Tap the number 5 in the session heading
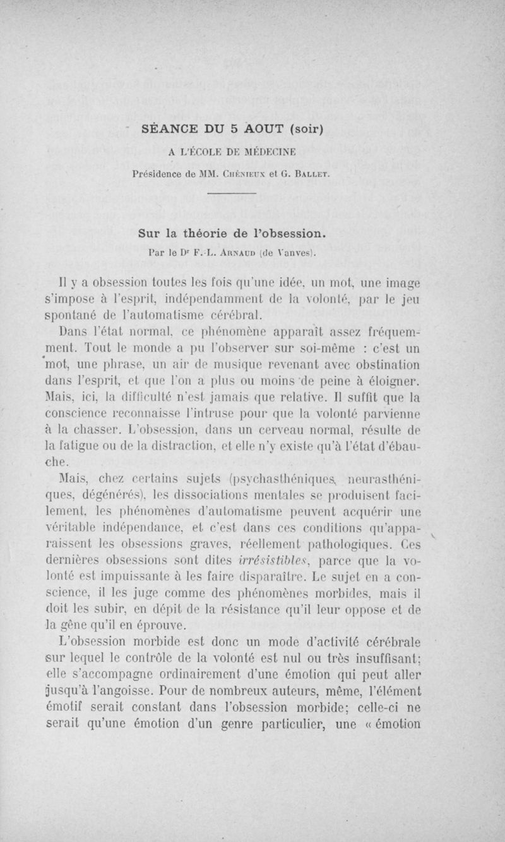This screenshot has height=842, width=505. tap(233, 130)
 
